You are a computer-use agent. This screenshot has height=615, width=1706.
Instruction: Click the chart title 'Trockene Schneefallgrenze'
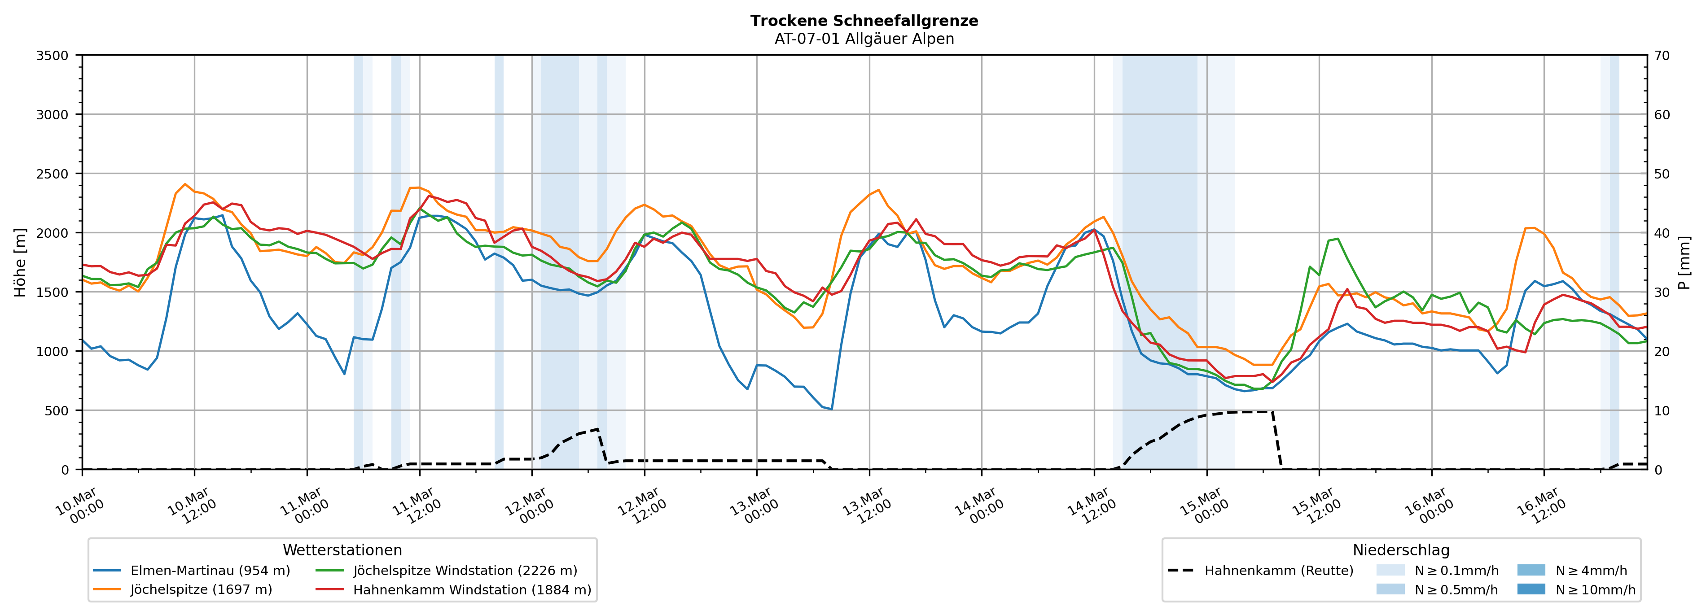[x=864, y=21]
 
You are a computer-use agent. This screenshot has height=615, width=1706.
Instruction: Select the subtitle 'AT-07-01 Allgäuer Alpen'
[x=864, y=39]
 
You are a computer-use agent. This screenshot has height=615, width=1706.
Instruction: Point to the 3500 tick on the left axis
[x=53, y=56]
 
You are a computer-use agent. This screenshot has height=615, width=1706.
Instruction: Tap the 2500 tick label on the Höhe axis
[x=53, y=174]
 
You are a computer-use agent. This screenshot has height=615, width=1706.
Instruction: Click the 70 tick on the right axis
[x=1662, y=56]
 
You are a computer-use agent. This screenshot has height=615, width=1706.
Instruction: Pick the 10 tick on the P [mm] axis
[x=1662, y=410]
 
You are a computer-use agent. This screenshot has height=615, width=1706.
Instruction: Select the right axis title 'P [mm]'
[x=1684, y=263]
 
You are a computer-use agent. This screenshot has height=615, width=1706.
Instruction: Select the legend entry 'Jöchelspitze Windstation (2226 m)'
[x=465, y=571]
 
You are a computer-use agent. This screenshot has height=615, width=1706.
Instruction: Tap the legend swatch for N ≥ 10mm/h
[x=1531, y=589]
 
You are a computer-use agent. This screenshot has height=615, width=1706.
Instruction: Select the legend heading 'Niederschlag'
[x=1401, y=550]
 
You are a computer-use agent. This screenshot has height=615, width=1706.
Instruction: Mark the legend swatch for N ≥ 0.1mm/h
[x=1390, y=570]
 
